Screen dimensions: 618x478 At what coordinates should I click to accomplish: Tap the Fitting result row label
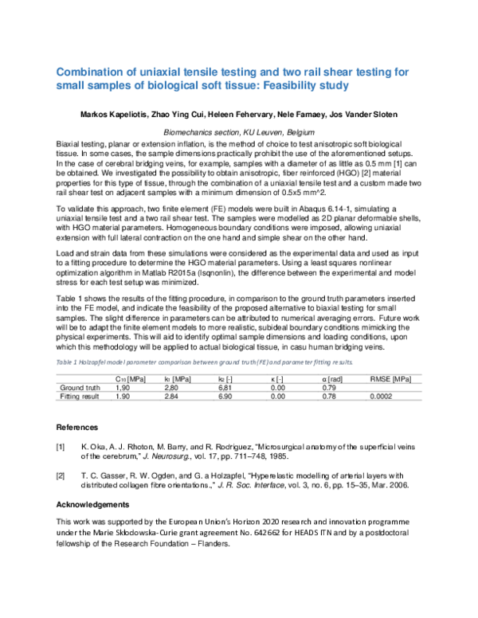click(80, 395)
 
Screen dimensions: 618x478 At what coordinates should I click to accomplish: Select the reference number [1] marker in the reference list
click(61, 448)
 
